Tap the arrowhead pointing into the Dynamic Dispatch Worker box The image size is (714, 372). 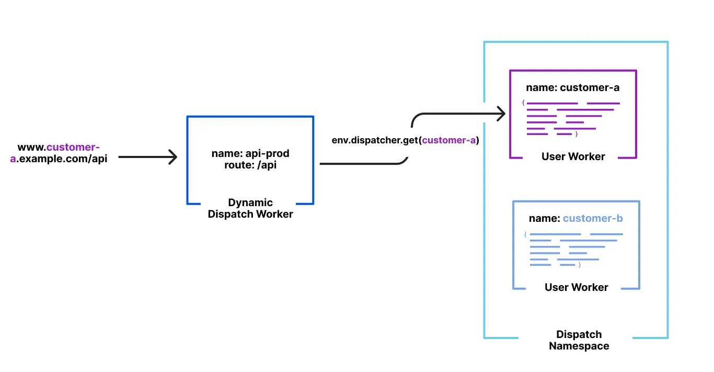coord(173,156)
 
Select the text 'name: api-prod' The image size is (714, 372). coord(250,153)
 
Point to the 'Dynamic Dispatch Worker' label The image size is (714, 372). coord(250,208)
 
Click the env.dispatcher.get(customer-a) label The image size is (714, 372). coord(405,140)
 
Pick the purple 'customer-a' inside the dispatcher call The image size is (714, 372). coord(449,140)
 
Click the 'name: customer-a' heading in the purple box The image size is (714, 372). coord(572,87)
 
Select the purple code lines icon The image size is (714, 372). coord(572,119)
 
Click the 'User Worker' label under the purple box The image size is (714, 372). coord(573,156)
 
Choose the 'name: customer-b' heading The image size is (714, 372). coord(575,218)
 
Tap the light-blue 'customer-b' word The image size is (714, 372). coord(593,218)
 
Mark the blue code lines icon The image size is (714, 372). coord(575,250)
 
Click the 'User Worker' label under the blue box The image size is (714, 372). coord(576,287)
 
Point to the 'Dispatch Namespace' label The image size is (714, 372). coord(579,340)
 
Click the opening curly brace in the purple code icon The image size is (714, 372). coord(523,103)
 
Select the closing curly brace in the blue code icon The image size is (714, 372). coord(580,265)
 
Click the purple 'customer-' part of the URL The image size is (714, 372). coord(73,148)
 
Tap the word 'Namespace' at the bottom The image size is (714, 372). coord(579,346)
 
